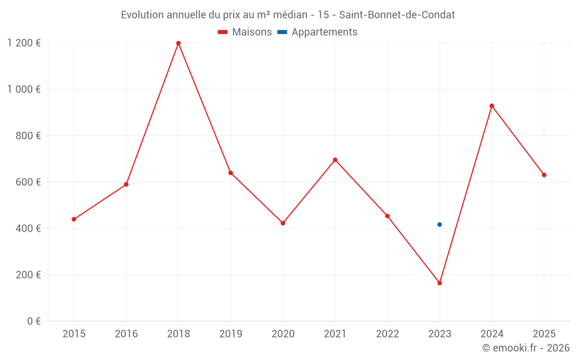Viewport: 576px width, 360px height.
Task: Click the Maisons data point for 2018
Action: (x=179, y=43)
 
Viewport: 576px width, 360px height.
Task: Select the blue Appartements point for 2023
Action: (x=439, y=225)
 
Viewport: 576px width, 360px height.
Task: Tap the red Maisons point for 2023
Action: (x=439, y=283)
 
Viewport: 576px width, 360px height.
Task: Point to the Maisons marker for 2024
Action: (x=492, y=106)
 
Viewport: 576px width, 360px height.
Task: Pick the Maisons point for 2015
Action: (x=74, y=219)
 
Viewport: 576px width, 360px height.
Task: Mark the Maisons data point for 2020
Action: (x=283, y=223)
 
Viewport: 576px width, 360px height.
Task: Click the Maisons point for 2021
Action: (x=335, y=160)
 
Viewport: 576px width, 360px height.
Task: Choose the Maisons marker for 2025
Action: (x=544, y=175)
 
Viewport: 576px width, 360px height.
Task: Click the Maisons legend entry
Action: (x=245, y=32)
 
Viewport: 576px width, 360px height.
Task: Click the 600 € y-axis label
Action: (x=27, y=182)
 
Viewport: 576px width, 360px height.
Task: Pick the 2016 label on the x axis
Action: (x=126, y=334)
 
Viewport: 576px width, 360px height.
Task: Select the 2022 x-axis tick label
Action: (x=387, y=334)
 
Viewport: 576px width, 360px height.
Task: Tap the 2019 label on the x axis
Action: (x=230, y=334)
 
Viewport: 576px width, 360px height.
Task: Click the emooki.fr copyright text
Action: (x=526, y=348)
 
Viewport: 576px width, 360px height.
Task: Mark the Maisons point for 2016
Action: (x=126, y=184)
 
